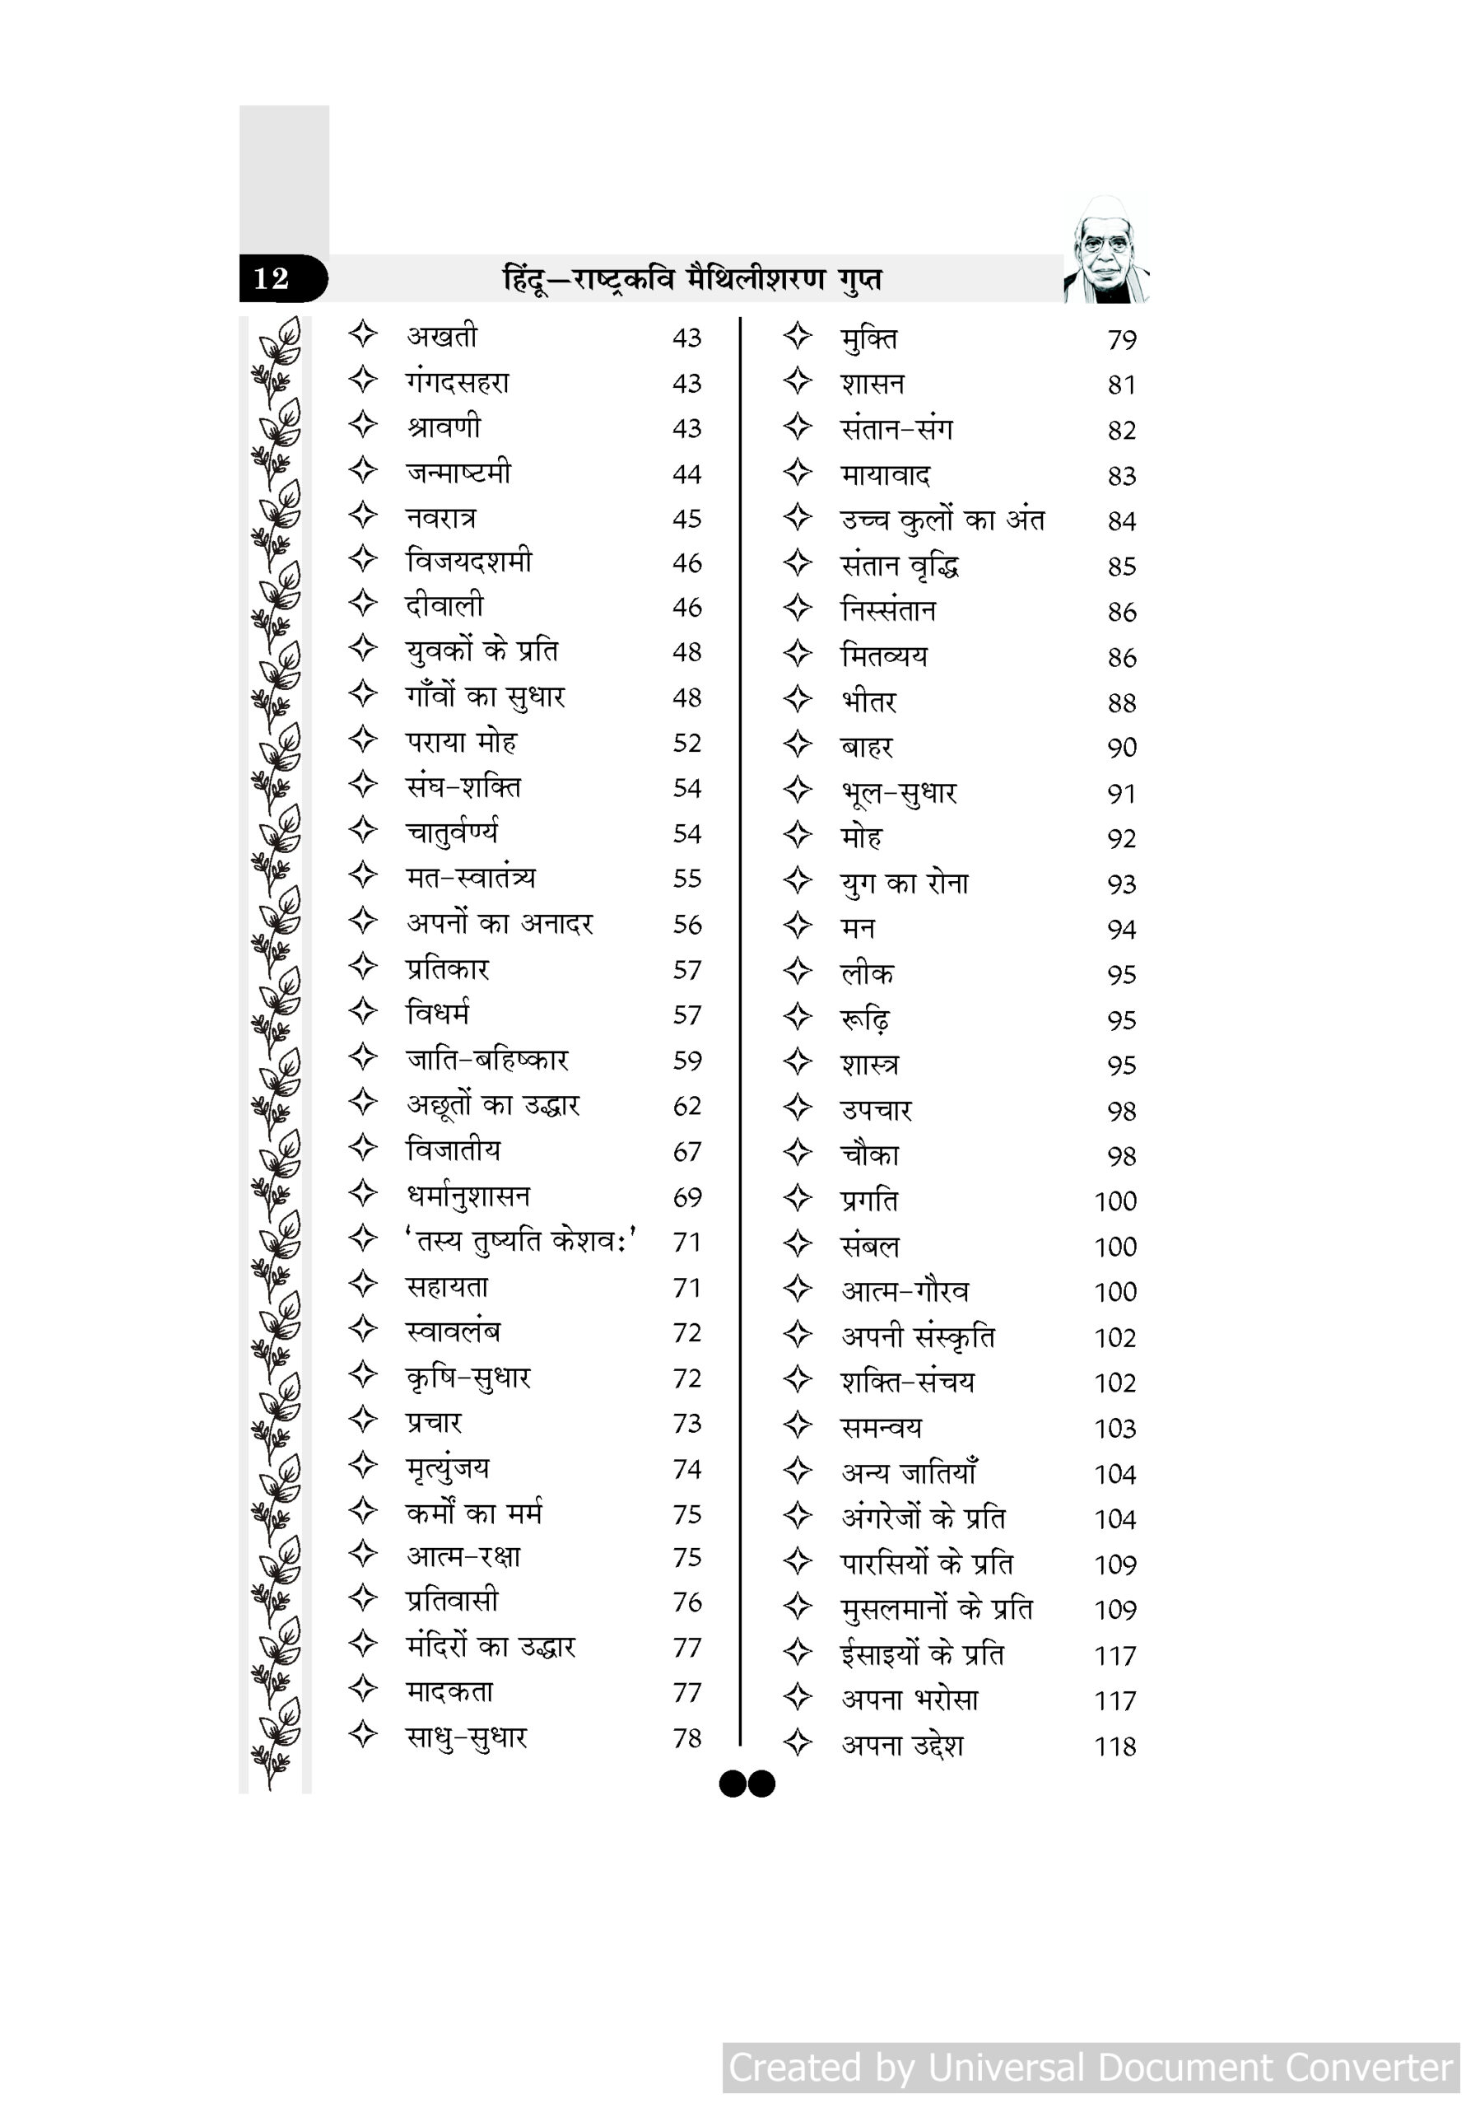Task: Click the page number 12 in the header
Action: (x=272, y=278)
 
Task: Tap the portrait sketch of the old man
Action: (x=1106, y=250)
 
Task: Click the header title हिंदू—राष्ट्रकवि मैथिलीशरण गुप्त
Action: (x=692, y=279)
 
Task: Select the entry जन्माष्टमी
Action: (x=458, y=473)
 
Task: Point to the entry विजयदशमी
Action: (x=469, y=561)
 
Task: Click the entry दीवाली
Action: (x=444, y=606)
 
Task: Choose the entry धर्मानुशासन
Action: (x=468, y=1196)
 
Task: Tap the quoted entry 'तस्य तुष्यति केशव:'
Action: (x=521, y=1241)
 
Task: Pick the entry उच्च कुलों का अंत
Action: (x=942, y=520)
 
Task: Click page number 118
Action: (x=1114, y=1747)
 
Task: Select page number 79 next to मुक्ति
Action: (x=1122, y=341)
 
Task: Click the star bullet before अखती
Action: (x=364, y=334)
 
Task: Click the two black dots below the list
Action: (x=747, y=1784)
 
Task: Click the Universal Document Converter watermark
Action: (x=1091, y=2068)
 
